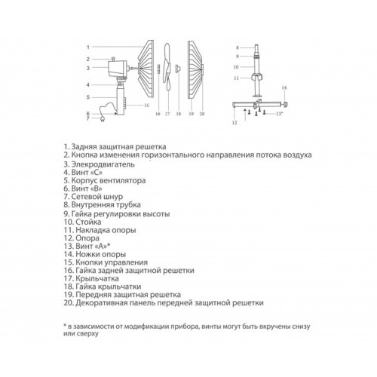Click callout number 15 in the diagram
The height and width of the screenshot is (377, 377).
click(x=146, y=105)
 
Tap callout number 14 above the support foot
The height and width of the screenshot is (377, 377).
click(x=284, y=87)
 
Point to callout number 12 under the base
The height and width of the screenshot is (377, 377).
click(x=234, y=123)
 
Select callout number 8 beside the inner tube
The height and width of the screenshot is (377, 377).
click(x=238, y=48)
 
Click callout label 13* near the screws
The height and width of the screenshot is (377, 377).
click(x=279, y=114)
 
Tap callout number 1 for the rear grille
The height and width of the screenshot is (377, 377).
click(x=88, y=47)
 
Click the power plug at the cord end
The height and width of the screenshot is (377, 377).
click(x=103, y=120)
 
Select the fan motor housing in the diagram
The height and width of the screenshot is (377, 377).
click(x=118, y=69)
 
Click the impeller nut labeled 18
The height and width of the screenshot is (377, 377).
click(x=178, y=68)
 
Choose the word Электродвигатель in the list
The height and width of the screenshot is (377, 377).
click(x=103, y=164)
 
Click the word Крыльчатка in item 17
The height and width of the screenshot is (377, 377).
click(x=97, y=278)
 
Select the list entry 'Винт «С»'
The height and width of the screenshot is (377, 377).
click(x=83, y=173)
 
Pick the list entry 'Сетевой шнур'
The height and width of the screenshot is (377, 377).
click(x=93, y=197)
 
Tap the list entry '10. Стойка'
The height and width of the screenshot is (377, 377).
click(x=82, y=222)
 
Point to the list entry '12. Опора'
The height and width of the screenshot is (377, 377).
click(x=81, y=238)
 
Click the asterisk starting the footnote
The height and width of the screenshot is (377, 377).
click(x=65, y=326)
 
